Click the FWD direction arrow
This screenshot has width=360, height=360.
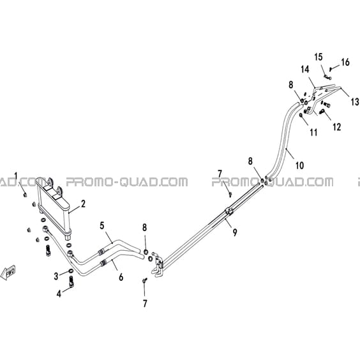[x=8, y=273]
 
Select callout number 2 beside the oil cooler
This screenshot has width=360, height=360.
[x=83, y=204]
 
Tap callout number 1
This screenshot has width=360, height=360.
[x=16, y=176]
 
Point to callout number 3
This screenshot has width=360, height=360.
[x=56, y=276]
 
